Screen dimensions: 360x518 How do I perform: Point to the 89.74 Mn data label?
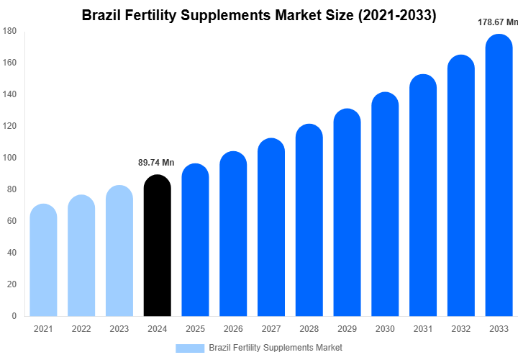(x=156, y=163)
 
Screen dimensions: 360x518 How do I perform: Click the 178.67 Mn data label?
(x=498, y=22)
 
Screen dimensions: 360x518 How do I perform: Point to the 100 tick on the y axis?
(x=9, y=158)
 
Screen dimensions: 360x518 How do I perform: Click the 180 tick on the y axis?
(x=9, y=31)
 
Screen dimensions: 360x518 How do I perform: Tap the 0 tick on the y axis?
(x=14, y=315)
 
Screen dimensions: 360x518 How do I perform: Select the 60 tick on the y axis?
(x=12, y=221)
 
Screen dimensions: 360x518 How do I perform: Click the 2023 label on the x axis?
(x=119, y=329)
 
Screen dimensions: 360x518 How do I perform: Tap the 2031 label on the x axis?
(x=423, y=329)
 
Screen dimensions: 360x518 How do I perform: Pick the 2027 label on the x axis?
(x=271, y=329)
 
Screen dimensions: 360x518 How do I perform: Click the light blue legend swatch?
(x=190, y=348)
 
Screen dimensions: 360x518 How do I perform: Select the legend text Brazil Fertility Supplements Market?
(x=276, y=348)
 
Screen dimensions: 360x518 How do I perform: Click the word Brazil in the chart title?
(x=102, y=15)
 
